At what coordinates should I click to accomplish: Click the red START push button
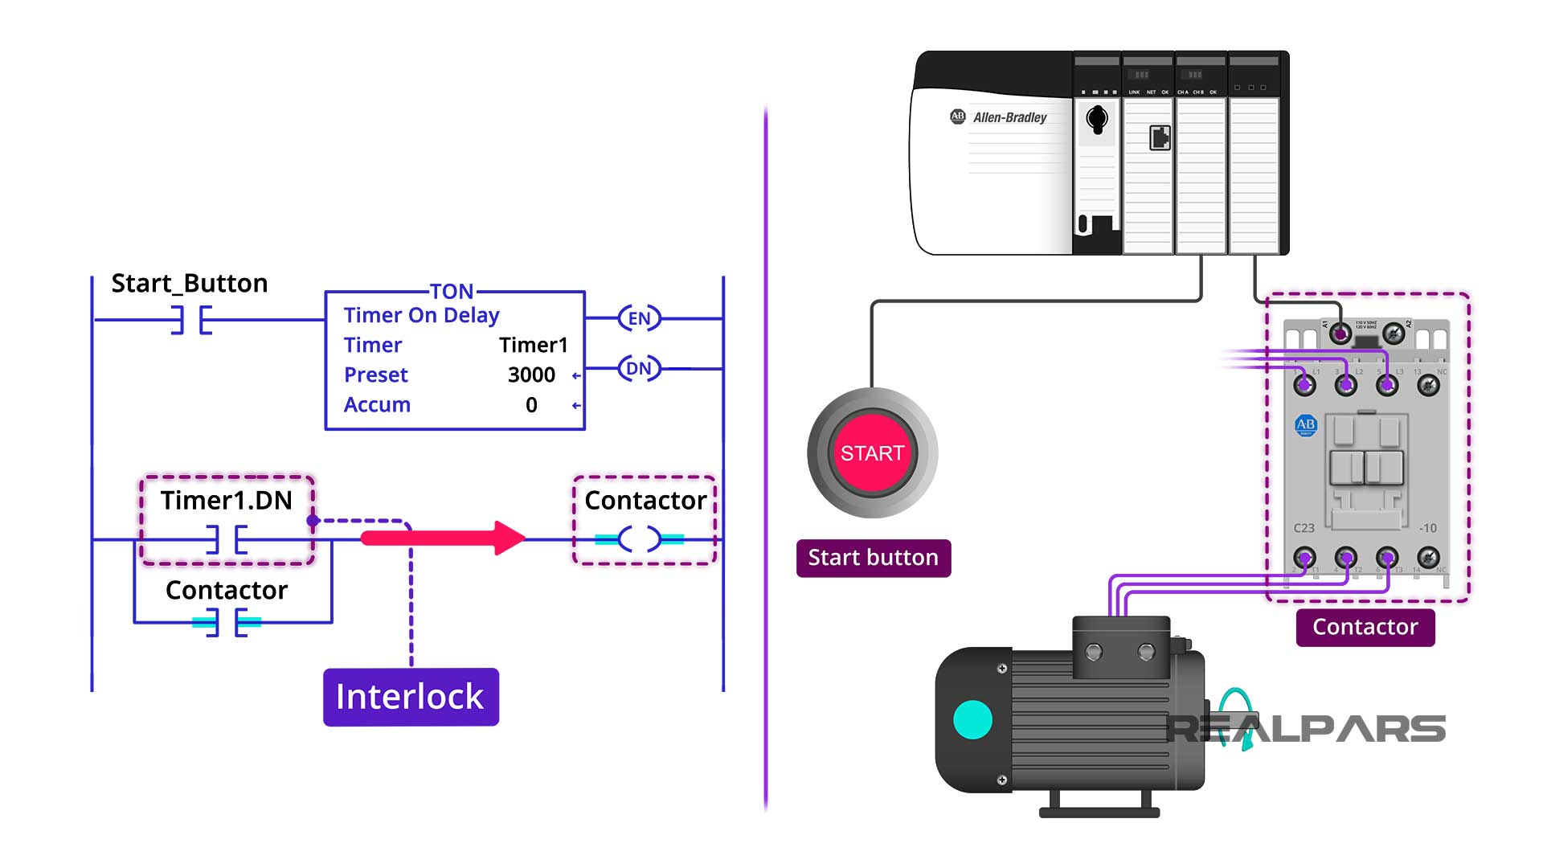coord(872,453)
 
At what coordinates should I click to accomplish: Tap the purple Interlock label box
coord(411,697)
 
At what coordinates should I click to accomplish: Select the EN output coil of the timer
coord(639,318)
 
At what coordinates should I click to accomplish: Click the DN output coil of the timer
coord(639,369)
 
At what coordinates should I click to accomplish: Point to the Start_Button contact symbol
coord(191,320)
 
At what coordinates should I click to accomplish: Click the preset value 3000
coord(531,375)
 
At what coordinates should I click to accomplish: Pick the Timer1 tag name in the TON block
coord(533,346)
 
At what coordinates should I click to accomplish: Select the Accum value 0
coord(531,405)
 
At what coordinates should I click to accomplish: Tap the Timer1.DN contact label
coord(226,501)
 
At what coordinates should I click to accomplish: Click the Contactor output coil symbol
coord(640,539)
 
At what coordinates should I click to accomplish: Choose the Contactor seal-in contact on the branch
coord(227,622)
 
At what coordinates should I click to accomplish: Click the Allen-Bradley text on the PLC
coord(1009,117)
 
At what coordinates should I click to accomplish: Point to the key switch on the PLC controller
coord(1096,120)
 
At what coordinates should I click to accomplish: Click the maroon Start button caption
coord(874,558)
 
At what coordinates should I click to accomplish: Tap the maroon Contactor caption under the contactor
coord(1365,627)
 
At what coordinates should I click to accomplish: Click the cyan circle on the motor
coord(972,719)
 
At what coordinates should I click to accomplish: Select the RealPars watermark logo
coord(1305,727)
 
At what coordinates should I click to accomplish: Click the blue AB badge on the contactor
coord(1306,425)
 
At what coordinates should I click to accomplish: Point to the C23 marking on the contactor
coord(1304,528)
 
